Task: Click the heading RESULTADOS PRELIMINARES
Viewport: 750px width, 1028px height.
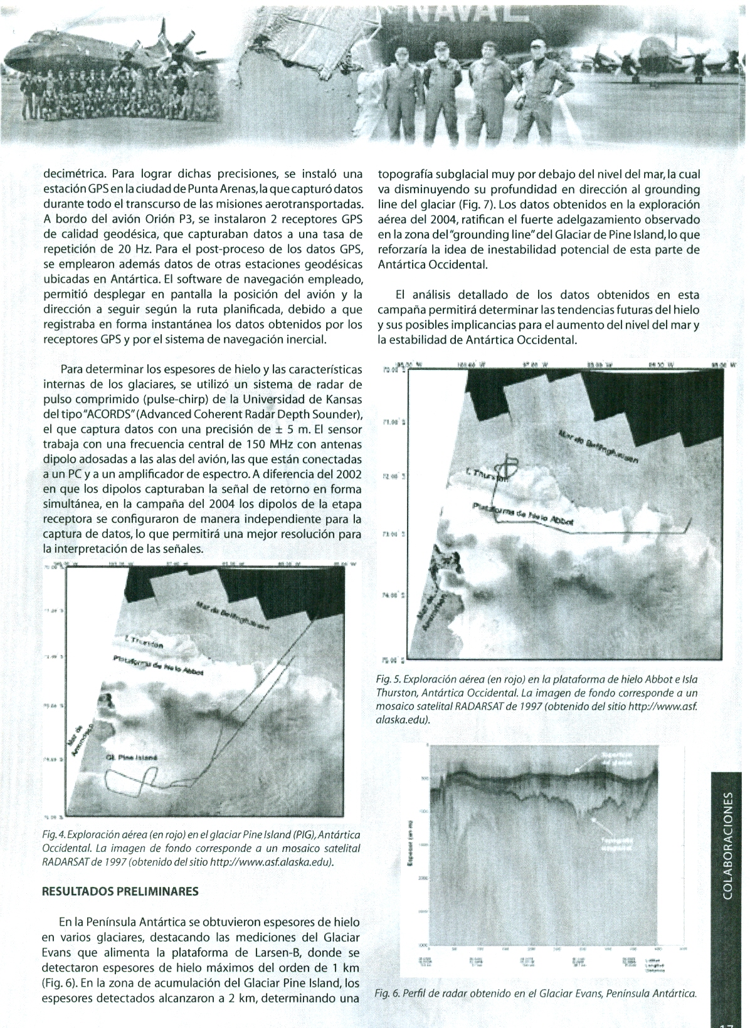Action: pyautogui.click(x=119, y=891)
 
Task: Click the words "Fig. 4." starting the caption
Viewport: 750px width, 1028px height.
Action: pyautogui.click(x=53, y=836)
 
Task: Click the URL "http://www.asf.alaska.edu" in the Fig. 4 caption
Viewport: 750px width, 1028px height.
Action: pyautogui.click(x=272, y=862)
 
